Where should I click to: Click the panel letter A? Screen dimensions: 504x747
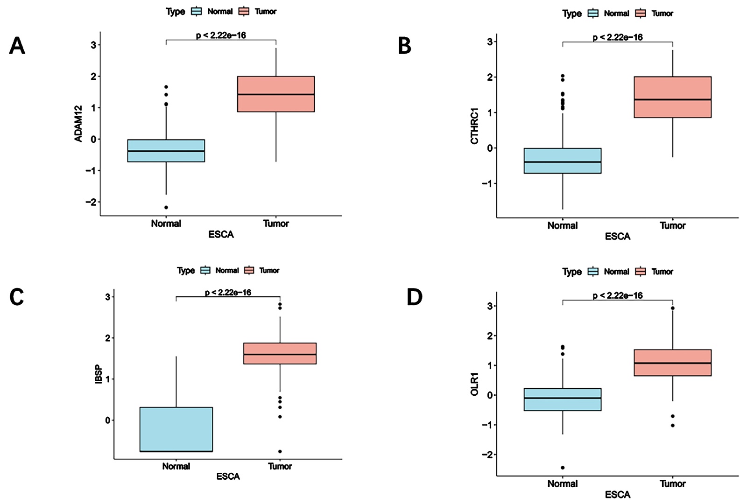click(17, 46)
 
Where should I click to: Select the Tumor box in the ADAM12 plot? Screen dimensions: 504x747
click(276, 94)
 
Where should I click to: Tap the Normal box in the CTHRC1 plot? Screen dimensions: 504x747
click(563, 161)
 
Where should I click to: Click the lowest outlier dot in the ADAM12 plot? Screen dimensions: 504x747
click(166, 207)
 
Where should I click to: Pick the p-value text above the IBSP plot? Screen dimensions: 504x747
click(228, 293)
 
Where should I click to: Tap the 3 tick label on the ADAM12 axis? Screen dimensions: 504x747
click(93, 45)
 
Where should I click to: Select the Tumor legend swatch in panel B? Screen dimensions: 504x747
click(640, 14)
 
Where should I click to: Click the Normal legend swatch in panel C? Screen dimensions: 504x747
click(205, 270)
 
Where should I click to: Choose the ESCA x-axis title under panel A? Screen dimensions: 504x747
click(221, 234)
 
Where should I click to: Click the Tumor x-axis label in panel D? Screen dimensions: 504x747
click(672, 483)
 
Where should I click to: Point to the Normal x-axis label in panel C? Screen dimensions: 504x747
click(176, 466)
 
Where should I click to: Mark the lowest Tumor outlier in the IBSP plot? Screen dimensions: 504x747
click(280, 451)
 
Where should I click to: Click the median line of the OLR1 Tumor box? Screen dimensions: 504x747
click(672, 363)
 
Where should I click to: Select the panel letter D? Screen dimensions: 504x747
click(414, 297)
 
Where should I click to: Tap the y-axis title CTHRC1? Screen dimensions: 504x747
click(475, 126)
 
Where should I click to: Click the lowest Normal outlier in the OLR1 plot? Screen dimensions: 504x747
click(563, 468)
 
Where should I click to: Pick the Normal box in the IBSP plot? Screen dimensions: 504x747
click(176, 429)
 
